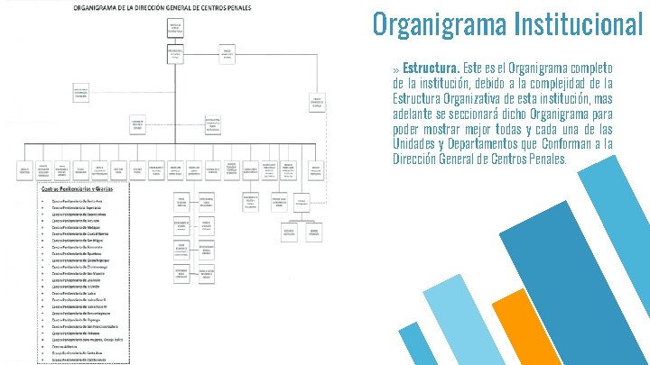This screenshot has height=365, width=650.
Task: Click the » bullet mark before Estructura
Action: pyautogui.click(x=396, y=69)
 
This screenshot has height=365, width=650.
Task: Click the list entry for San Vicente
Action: pyautogui.click(x=79, y=275)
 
